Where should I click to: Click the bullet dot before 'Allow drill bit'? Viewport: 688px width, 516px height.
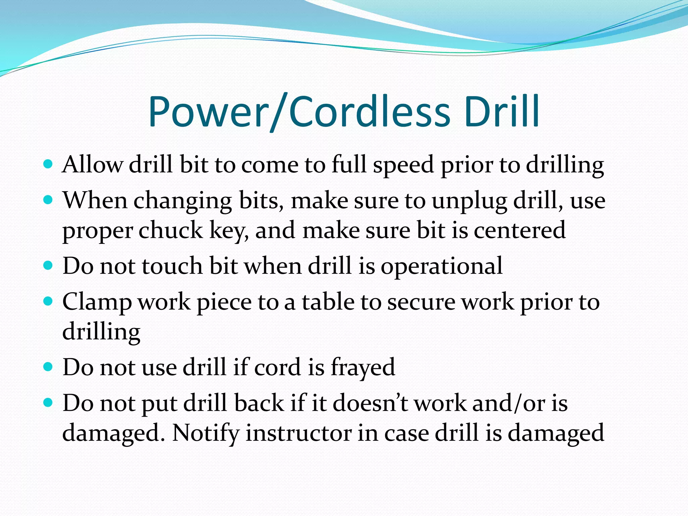[x=48, y=164]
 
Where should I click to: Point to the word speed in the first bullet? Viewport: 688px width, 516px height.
[x=403, y=165]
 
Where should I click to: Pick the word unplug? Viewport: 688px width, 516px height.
[x=469, y=201]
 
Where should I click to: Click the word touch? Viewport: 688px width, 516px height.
[x=172, y=266]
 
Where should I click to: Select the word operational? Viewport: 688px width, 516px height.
[x=441, y=266]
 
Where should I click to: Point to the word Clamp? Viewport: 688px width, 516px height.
[x=97, y=302]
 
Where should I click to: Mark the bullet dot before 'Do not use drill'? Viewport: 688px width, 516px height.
[x=48, y=366]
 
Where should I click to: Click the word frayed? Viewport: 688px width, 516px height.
[x=363, y=367]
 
